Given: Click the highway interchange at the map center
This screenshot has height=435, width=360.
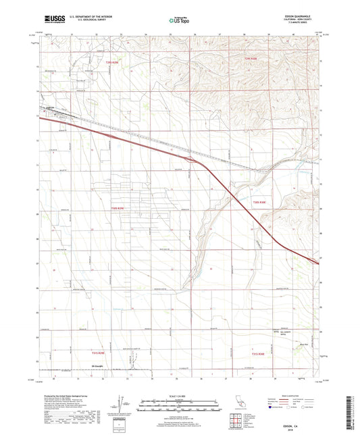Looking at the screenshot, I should click(194, 161).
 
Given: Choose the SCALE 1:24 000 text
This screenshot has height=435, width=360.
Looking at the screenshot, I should click(179, 395).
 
